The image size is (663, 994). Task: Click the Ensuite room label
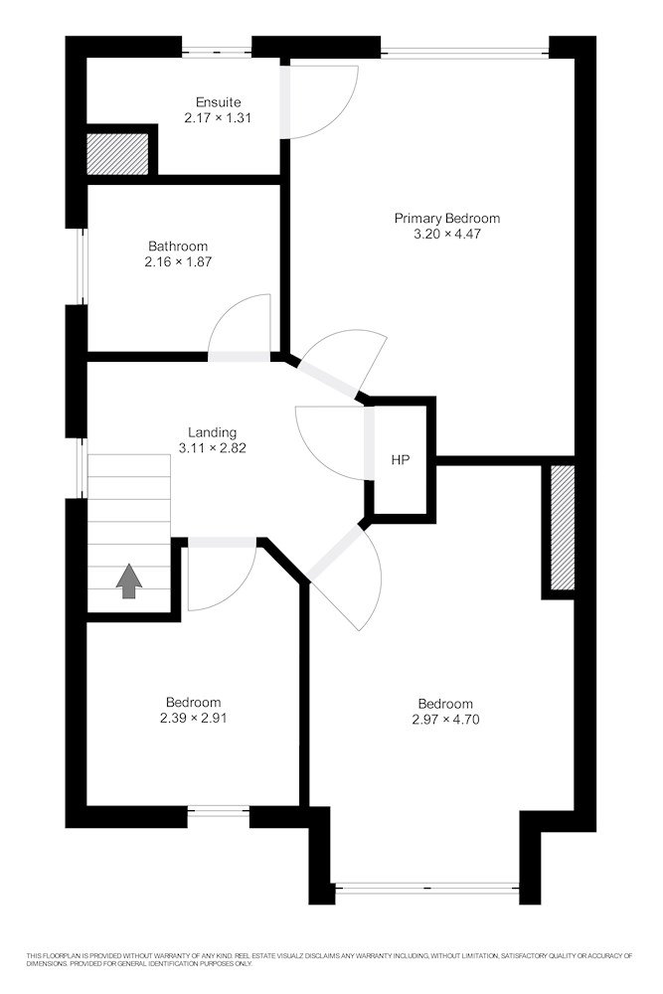218,102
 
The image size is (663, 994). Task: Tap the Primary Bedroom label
447,218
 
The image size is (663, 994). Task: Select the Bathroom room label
178,246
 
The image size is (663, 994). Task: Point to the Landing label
213,432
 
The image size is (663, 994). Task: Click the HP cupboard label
400,460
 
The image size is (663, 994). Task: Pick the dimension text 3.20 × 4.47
447,234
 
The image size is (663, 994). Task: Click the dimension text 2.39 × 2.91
193,719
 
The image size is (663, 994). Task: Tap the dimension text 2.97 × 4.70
445,720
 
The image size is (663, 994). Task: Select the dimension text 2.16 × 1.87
178,261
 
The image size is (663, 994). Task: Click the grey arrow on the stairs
128,580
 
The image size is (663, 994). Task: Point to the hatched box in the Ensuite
117,153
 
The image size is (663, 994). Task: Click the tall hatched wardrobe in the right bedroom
563,528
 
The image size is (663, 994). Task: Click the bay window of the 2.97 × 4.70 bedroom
426,888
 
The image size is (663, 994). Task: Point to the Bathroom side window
82,266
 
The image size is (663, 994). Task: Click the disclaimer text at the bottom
329,959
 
